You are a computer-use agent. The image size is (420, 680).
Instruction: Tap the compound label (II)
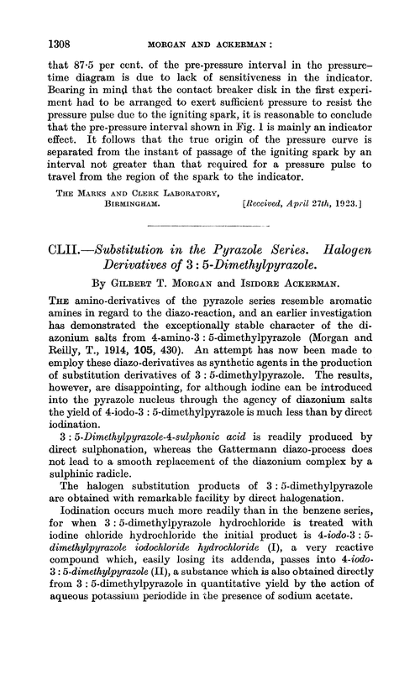point(144,626)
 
